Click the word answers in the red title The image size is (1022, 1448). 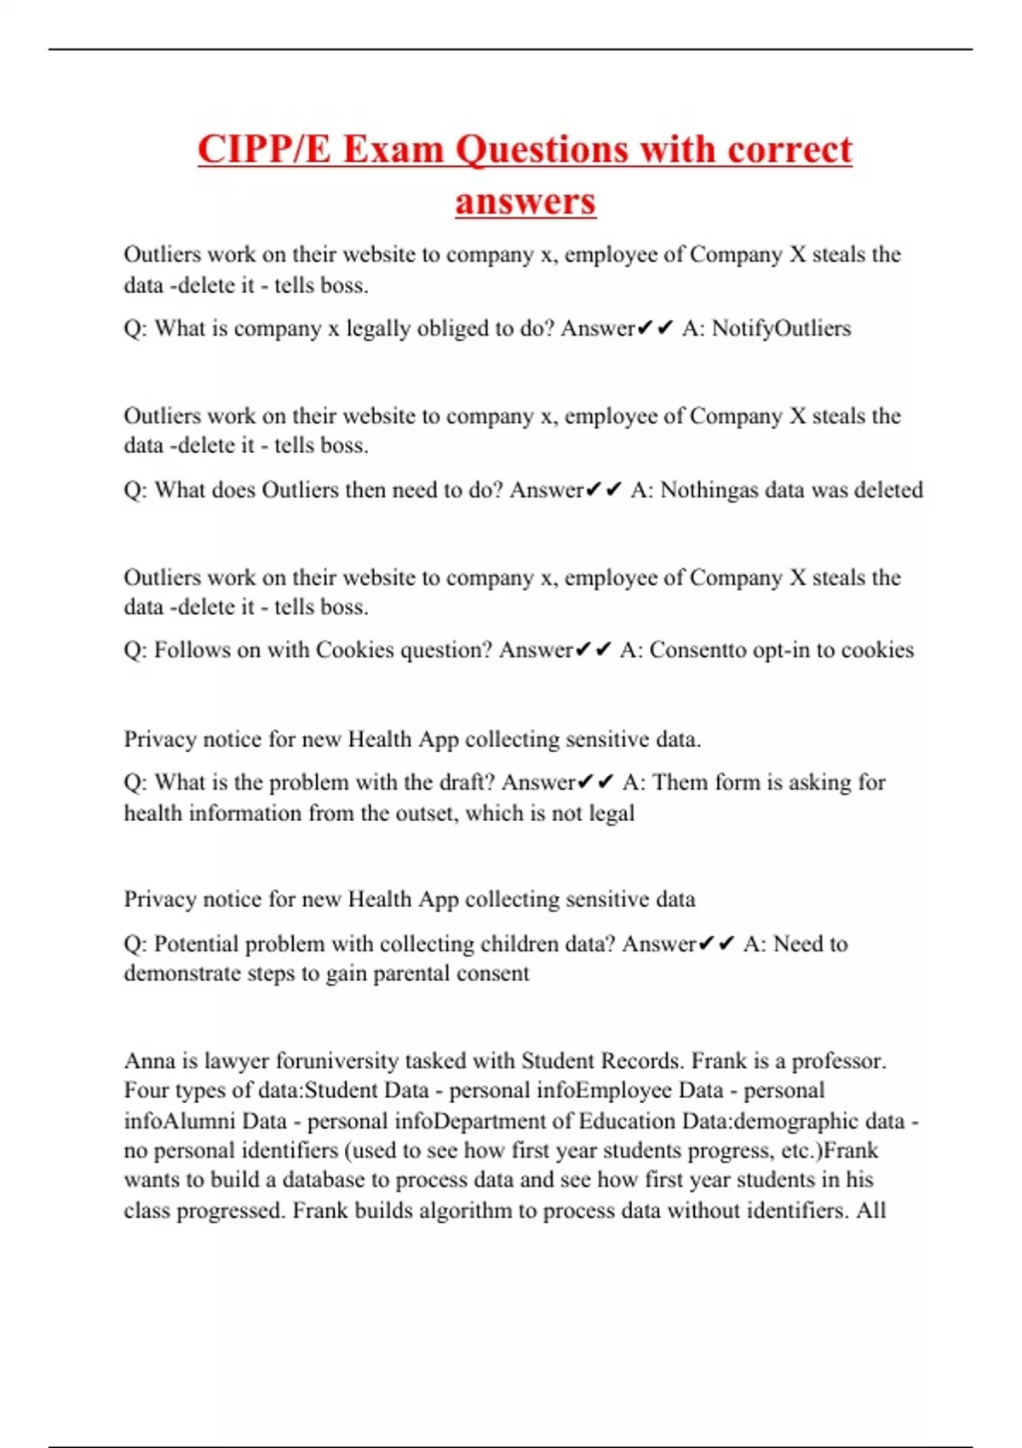coord(525,202)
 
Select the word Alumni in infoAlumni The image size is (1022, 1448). coord(204,1121)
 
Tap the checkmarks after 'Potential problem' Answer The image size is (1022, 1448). coord(715,944)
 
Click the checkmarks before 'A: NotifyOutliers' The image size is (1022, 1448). coord(655,329)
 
